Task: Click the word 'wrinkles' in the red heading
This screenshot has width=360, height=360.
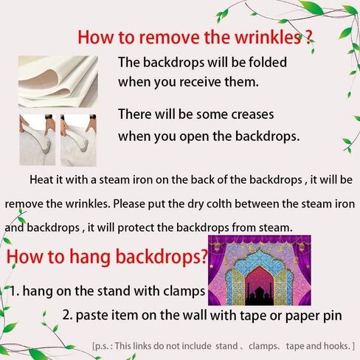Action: point(268,38)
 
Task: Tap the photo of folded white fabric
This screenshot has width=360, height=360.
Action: point(58,81)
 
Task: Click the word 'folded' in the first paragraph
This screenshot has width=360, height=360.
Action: point(267,62)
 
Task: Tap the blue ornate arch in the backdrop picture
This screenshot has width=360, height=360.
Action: point(260,268)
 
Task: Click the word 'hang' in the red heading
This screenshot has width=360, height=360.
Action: point(90,257)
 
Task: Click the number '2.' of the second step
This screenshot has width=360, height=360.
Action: point(67,314)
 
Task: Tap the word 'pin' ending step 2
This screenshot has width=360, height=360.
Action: point(333,316)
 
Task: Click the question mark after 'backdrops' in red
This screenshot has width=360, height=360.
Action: point(204,256)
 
